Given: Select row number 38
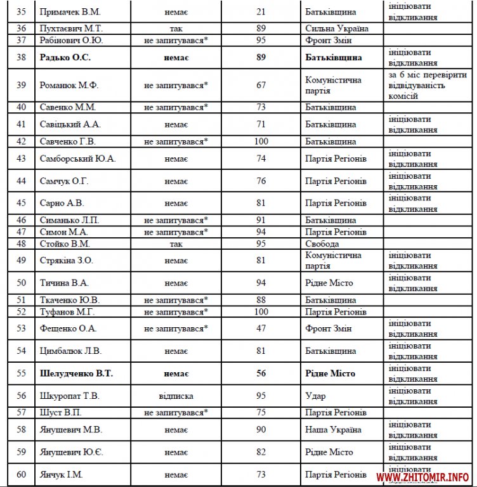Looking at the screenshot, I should coord(22,58).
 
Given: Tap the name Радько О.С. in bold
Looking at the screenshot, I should coord(66,58).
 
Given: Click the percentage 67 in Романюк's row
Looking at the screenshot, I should coord(261,85).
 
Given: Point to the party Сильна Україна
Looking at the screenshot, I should coord(337,29).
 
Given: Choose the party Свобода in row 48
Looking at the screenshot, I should coord(322,243).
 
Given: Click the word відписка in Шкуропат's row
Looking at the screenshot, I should coord(176,396).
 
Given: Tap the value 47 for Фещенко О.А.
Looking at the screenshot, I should coord(261,328).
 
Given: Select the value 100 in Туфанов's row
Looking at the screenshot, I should coord(261,311).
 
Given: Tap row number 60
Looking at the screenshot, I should coord(22,474).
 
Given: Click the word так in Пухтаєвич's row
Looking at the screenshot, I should coord(176,29).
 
